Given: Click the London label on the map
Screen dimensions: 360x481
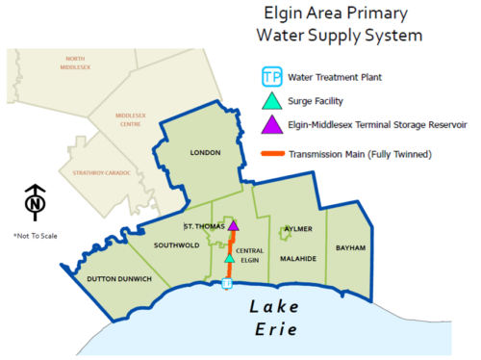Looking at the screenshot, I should tap(207, 153).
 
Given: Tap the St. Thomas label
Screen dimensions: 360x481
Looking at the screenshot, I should tap(203, 226).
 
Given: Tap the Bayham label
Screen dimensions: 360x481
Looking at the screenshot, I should tap(351, 247).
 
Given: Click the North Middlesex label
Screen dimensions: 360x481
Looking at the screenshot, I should tap(74, 63).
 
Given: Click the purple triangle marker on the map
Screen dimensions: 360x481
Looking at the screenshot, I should tap(232, 227).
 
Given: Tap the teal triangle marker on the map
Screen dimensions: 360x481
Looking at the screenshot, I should tap(229, 257).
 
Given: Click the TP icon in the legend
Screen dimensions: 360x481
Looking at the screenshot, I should tap(273, 77).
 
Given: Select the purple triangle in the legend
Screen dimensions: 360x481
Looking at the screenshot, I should tap(273, 124).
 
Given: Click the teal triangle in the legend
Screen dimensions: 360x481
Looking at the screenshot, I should tap(273, 100).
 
